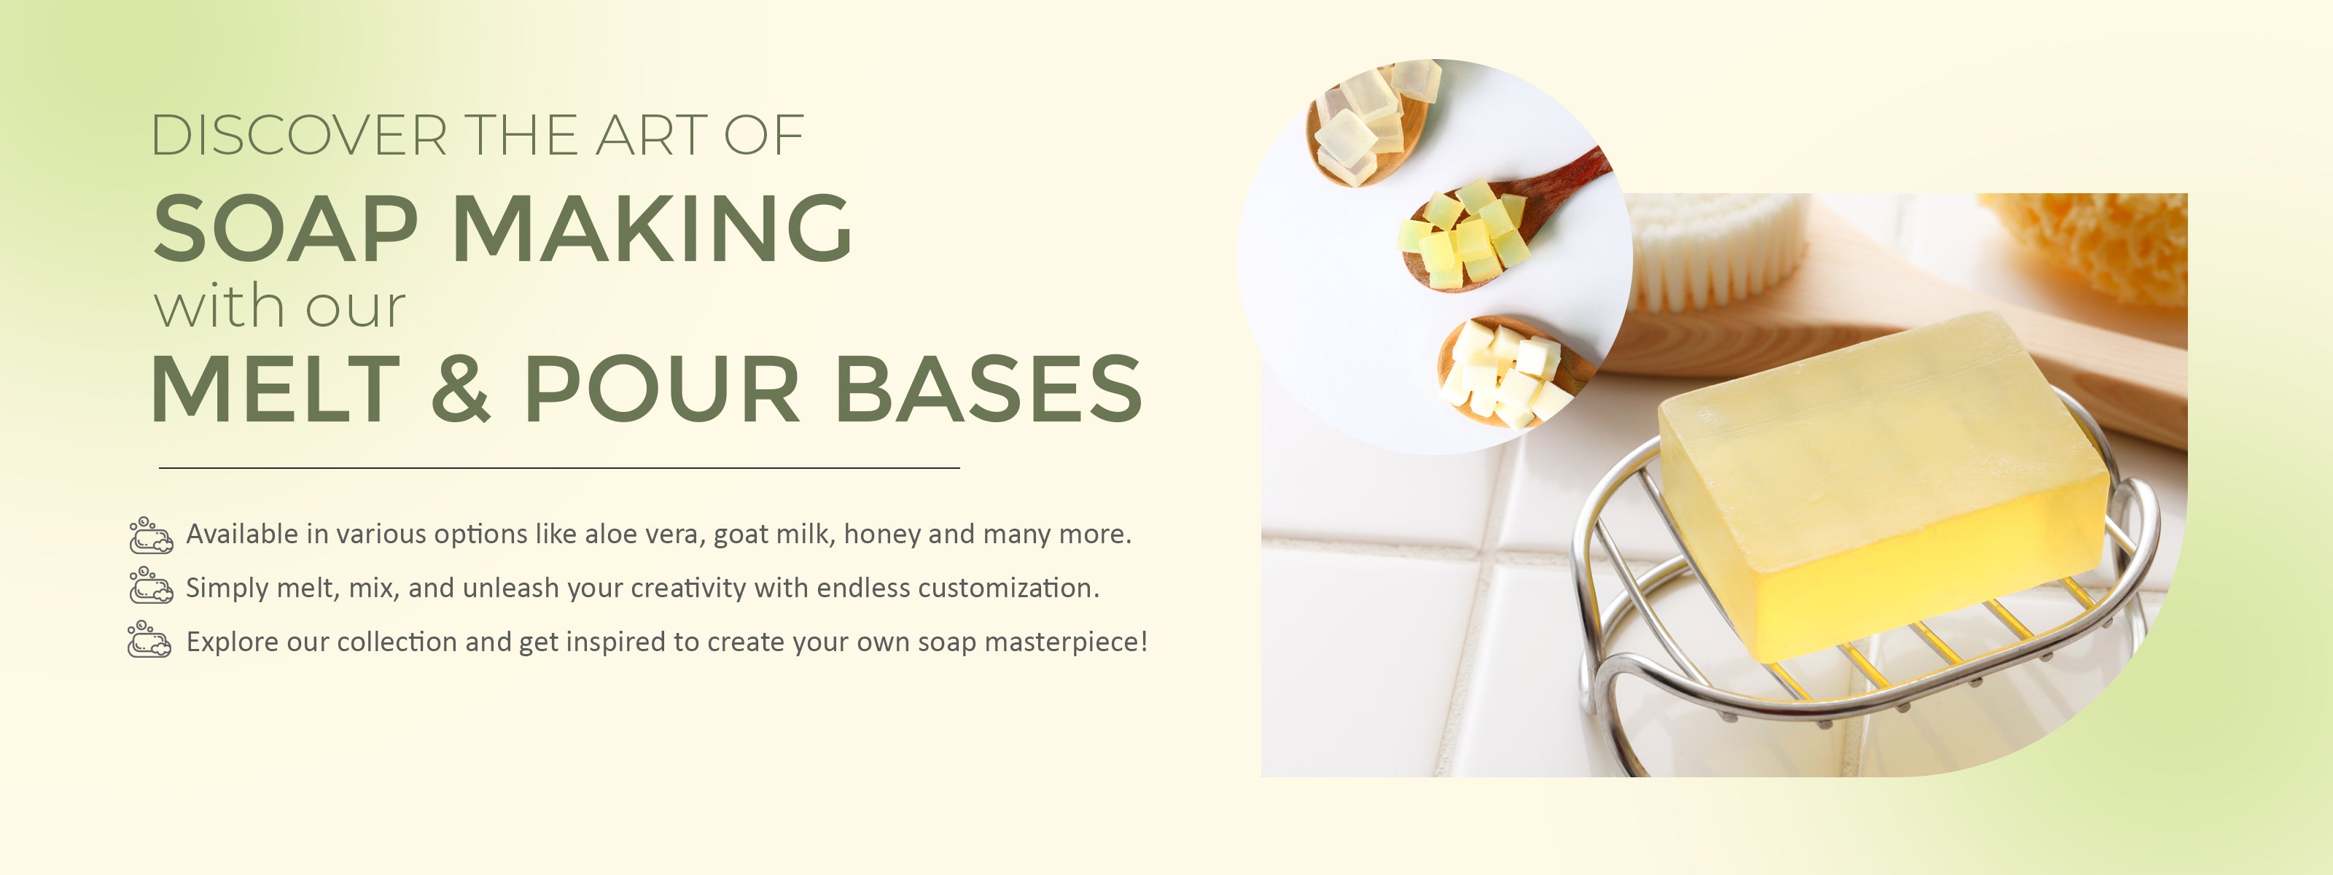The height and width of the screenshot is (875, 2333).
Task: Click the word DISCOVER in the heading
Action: pyautogui.click(x=299, y=136)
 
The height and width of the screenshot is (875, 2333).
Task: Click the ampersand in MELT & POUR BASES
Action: pyautogui.click(x=461, y=389)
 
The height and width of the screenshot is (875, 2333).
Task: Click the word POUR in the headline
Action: pyautogui.click(x=662, y=389)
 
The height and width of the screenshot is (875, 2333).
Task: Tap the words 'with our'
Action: pyautogui.click(x=280, y=306)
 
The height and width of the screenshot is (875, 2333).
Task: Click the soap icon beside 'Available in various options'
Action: pyautogui.click(x=150, y=535)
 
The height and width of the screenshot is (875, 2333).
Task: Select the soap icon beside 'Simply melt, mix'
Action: pyautogui.click(x=150, y=586)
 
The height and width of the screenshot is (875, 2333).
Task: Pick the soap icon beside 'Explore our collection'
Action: pyautogui.click(x=150, y=639)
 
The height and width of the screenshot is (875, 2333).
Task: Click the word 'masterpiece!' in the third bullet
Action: pyautogui.click(x=1066, y=642)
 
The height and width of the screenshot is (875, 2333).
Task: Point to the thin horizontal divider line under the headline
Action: pyautogui.click(x=558, y=468)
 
